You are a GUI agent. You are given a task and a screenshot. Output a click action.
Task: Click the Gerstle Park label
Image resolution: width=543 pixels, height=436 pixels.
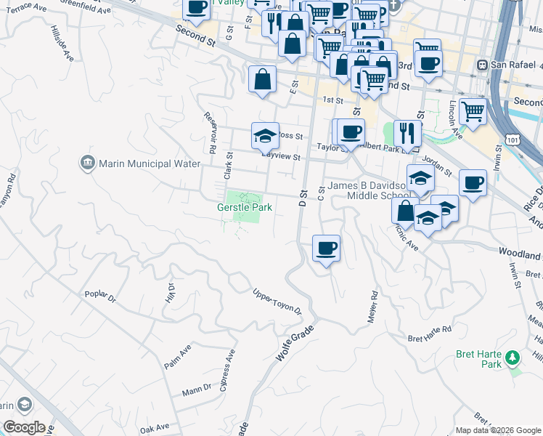click(245, 207)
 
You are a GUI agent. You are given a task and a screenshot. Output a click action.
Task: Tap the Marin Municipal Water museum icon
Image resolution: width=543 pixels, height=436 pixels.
click(88, 163)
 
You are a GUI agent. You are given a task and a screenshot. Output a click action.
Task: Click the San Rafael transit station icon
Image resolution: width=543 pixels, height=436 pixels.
click(481, 65)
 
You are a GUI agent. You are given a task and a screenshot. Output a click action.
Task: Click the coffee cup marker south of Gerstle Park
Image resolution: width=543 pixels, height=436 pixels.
click(326, 249)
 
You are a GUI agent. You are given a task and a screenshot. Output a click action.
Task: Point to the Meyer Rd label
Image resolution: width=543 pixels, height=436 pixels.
click(372, 308)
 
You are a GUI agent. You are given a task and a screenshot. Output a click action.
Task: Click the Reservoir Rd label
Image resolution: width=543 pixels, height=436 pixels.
click(211, 132)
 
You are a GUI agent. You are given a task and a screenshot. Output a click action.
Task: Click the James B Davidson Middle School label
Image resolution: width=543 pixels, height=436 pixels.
click(369, 190)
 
